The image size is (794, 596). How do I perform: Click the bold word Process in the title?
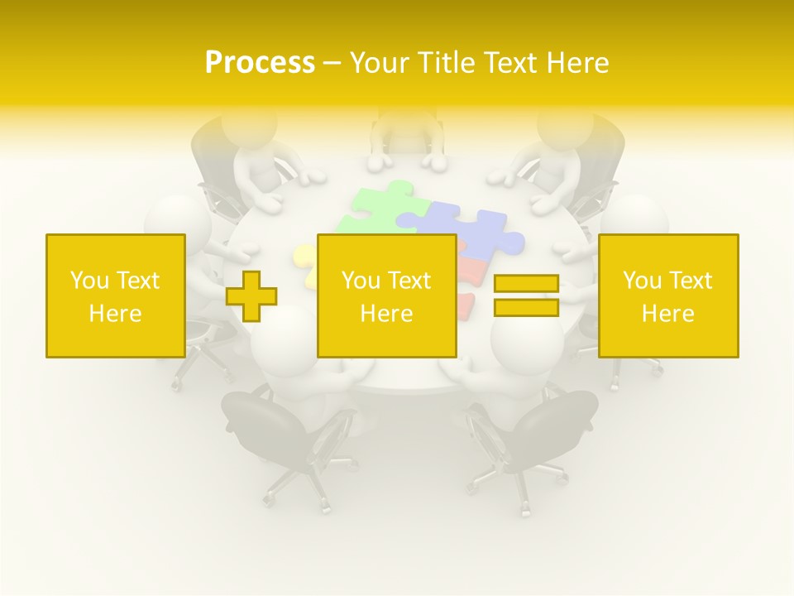[x=260, y=63]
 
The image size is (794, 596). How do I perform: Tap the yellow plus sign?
[x=251, y=296]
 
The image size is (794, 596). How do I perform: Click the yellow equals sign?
[x=526, y=296]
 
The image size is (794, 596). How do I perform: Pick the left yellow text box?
[x=115, y=296]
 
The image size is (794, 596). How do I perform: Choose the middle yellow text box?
[x=386, y=296]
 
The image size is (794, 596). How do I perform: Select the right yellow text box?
[x=668, y=296]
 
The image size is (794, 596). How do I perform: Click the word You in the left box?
[x=89, y=281]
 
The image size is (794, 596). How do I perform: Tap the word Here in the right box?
[x=668, y=314]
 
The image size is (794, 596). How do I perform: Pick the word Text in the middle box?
[x=409, y=281]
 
